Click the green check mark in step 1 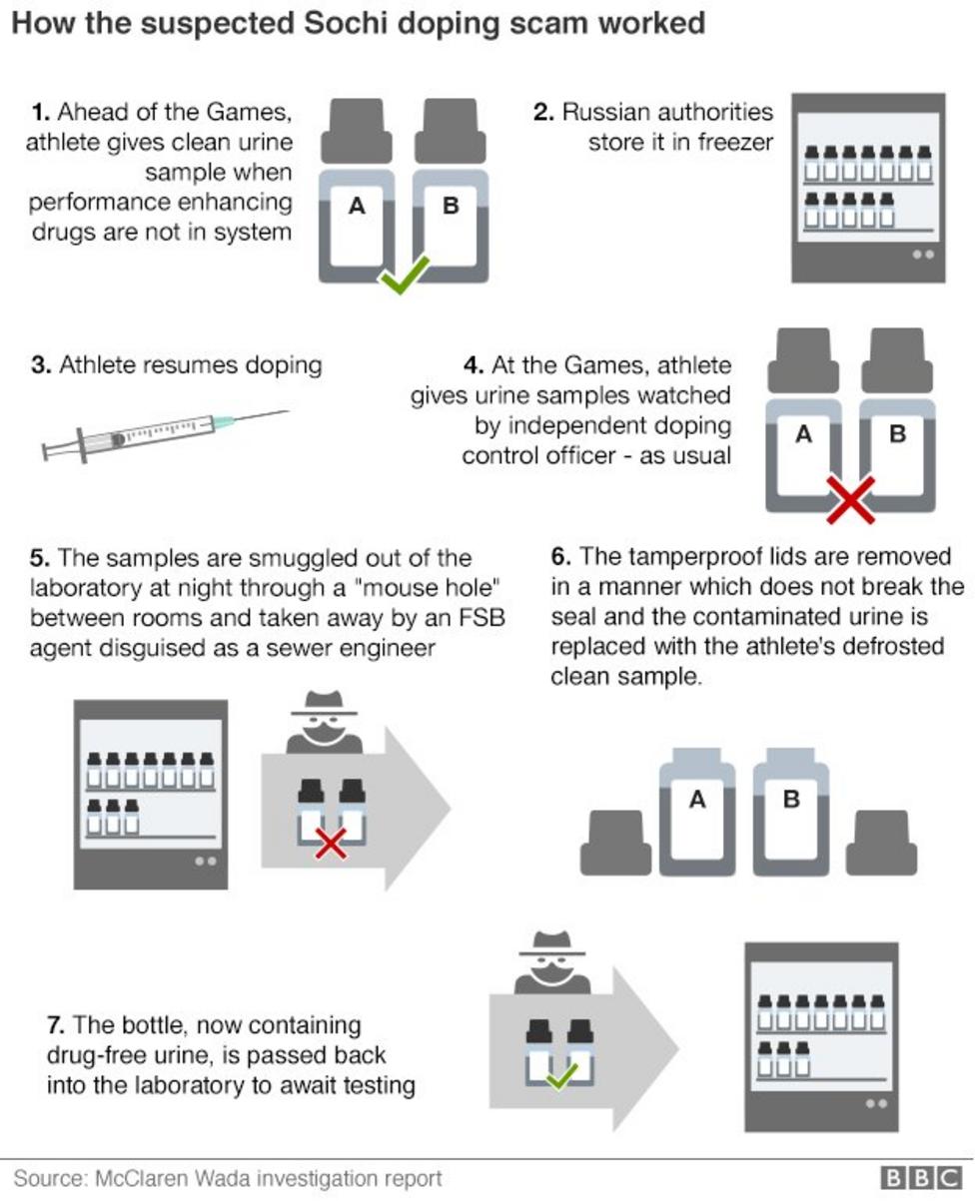404,275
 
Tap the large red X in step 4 850,499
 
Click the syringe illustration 166,435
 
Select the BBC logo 921,1178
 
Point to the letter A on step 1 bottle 357,206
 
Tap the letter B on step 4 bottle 897,434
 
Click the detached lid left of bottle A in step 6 615,843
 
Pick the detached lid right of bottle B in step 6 881,843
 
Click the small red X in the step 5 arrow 331,845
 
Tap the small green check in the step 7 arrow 561,1075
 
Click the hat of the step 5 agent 324,703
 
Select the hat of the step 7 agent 551,943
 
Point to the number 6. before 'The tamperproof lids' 560,557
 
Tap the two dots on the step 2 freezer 923,255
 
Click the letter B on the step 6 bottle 791,799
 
